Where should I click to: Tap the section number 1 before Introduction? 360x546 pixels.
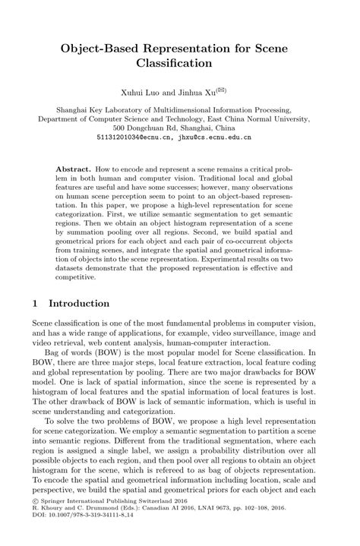click(36, 303)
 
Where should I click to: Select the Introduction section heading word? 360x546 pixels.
click(79, 303)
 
